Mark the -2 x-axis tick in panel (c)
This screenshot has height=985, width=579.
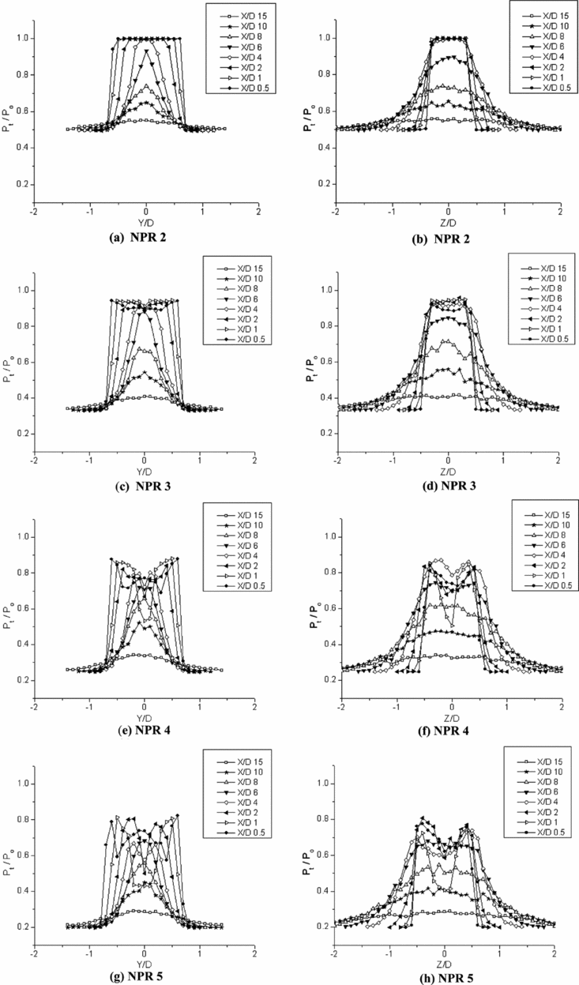[x=34, y=460]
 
